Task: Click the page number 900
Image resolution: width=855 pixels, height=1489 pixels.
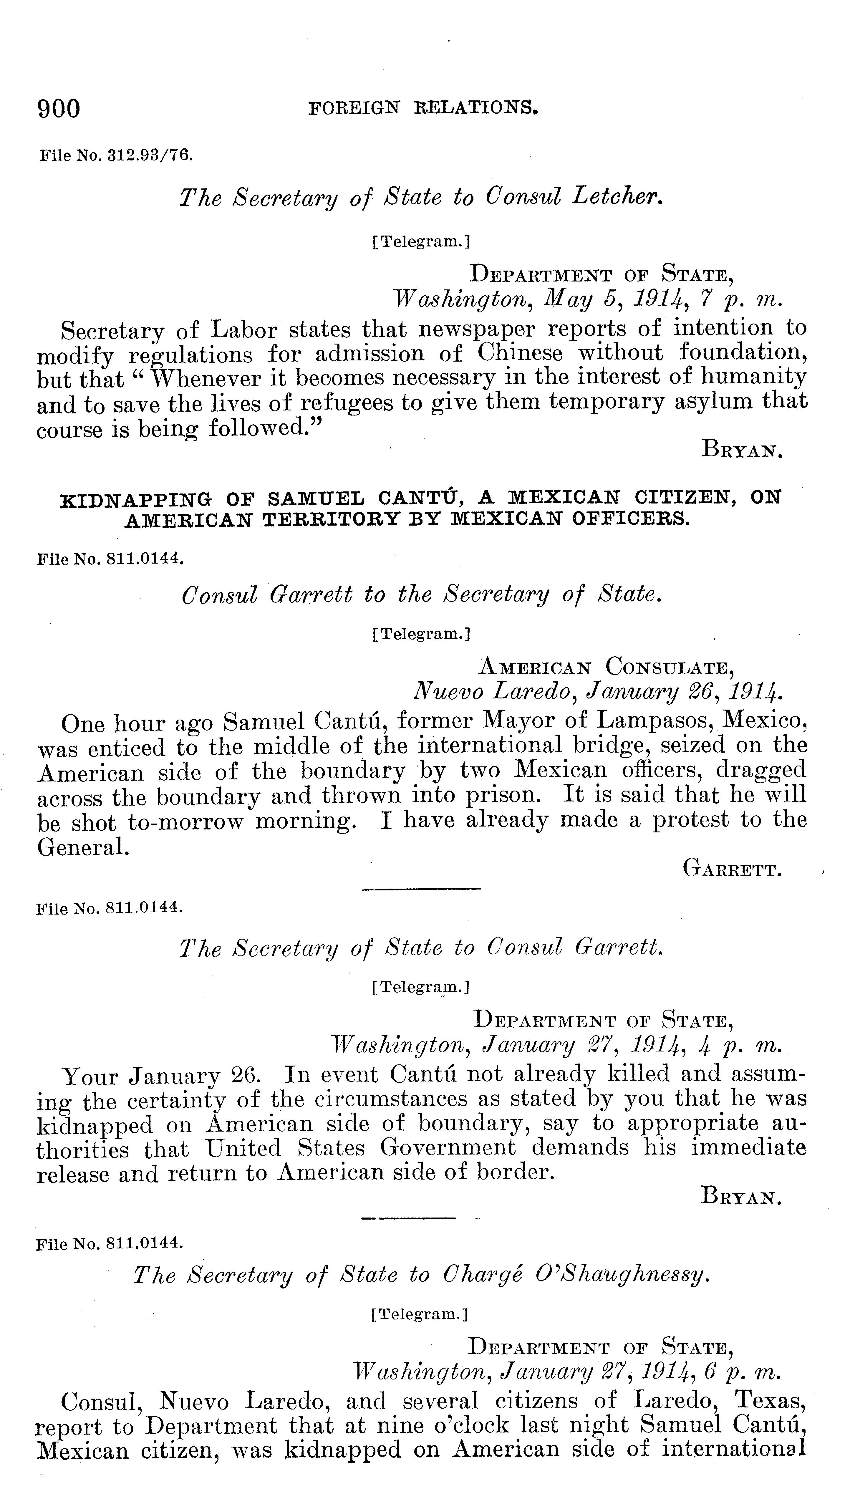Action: coord(59,109)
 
